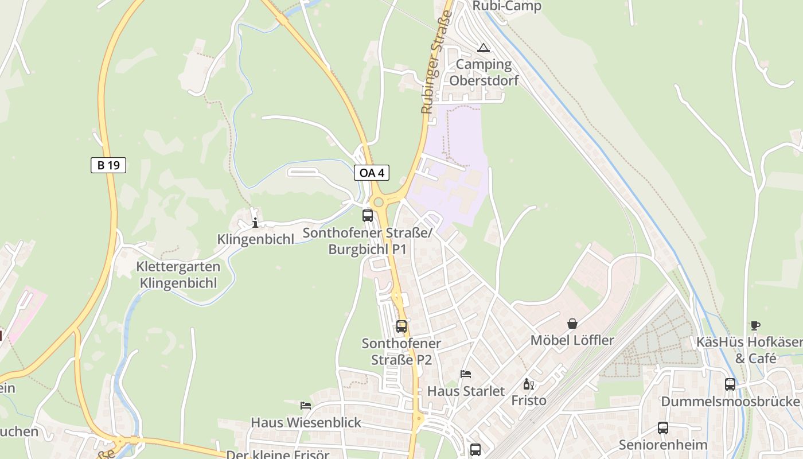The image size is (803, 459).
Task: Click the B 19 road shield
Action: tap(108, 165)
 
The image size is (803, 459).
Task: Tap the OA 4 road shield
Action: tap(372, 172)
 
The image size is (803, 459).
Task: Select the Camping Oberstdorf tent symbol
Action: tap(484, 48)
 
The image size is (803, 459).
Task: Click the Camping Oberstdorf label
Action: tap(484, 72)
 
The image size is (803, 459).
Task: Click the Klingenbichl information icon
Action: tap(255, 223)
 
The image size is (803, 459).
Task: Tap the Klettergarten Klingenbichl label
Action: tap(178, 275)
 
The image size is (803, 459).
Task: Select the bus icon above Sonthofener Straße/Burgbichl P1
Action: tap(368, 216)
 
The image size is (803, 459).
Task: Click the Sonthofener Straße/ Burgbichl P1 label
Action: tap(367, 242)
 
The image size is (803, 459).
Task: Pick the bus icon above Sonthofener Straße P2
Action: tap(402, 326)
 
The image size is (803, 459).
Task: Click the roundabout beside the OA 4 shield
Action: tap(378, 202)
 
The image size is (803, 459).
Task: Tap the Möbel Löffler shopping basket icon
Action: tap(572, 324)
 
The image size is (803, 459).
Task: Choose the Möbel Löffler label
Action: tap(572, 340)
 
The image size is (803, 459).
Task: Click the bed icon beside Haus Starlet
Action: tap(466, 374)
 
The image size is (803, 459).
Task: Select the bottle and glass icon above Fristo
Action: tap(528, 384)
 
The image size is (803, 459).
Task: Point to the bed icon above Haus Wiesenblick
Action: tap(306, 405)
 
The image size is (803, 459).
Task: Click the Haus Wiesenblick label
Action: tap(306, 422)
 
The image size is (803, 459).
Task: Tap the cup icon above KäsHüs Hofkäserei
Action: tap(755, 326)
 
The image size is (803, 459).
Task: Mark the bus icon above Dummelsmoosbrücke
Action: tap(730, 384)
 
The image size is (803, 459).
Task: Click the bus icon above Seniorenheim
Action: tap(663, 427)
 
